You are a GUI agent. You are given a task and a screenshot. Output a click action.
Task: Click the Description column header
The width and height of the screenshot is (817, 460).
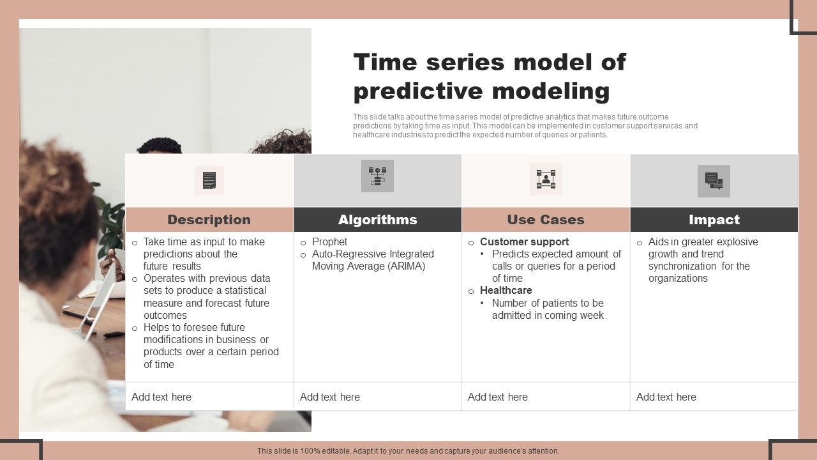pos(209,220)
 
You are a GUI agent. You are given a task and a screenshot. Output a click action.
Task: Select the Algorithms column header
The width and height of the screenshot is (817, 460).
pos(377,220)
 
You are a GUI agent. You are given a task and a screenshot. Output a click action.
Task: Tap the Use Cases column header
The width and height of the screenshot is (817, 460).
pos(546,220)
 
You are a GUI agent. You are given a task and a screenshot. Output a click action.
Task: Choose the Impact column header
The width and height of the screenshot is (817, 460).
pos(714,220)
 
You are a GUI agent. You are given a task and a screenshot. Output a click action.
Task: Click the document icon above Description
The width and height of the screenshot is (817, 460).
pos(209,181)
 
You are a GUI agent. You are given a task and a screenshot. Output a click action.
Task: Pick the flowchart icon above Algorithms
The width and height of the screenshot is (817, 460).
pos(377,176)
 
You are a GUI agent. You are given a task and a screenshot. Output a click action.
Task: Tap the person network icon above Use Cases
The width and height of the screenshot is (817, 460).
pos(546,179)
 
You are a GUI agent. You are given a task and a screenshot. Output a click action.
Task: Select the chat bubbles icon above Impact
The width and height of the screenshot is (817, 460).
pos(714,181)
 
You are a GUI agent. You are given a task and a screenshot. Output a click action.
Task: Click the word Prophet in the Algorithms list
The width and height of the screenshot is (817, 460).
pos(329,241)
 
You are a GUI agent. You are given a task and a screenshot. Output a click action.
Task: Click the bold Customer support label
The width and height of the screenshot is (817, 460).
pos(524,241)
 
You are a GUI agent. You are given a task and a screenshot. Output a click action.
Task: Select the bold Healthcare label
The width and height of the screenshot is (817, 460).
pos(506,290)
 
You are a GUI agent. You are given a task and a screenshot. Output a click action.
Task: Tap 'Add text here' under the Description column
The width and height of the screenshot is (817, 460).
pos(161,397)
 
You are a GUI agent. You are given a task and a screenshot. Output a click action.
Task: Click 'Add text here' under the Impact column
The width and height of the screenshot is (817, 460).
pos(666,397)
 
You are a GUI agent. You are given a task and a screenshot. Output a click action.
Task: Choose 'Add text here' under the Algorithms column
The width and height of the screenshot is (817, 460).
pos(330,397)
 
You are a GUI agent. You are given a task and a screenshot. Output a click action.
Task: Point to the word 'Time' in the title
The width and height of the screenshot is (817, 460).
pos(385,62)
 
